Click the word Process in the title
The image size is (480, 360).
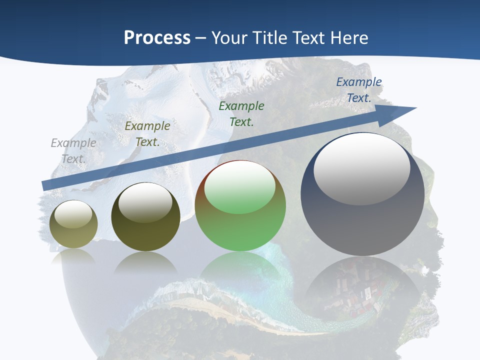(x=157, y=38)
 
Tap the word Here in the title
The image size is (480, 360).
(x=348, y=38)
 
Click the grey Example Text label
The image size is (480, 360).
(x=73, y=151)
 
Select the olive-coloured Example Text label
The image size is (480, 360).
(x=147, y=134)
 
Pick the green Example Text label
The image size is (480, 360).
(x=241, y=114)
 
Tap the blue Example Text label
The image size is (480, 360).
(x=359, y=90)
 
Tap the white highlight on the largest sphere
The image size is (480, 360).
(x=362, y=168)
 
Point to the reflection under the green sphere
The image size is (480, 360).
(x=240, y=270)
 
